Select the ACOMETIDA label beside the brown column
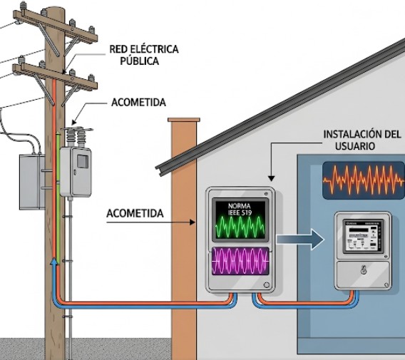(135, 213)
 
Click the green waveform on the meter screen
(240, 227)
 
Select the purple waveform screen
(241, 262)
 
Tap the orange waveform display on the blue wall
(363, 180)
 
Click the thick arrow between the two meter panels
(297, 238)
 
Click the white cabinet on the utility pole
(76, 171)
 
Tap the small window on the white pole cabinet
(82, 160)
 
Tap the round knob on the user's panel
(362, 270)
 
